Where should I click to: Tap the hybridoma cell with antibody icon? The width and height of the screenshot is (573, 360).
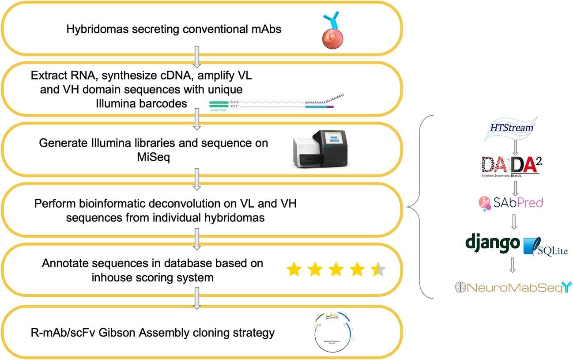(x=330, y=30)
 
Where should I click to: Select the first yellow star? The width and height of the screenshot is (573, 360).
(x=294, y=269)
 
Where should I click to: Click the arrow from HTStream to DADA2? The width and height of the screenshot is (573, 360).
(x=514, y=145)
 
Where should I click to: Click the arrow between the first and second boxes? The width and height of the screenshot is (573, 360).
(x=197, y=55)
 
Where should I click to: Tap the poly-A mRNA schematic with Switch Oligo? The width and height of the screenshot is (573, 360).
(x=276, y=102)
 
